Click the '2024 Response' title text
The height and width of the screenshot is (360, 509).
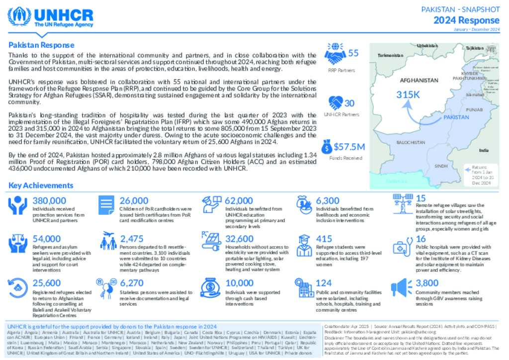466,20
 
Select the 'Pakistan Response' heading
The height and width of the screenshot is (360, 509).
41,45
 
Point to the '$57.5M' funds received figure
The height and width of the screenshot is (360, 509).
349,147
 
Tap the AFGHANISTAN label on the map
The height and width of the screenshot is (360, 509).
419,80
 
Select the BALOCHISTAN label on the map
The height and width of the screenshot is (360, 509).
411,143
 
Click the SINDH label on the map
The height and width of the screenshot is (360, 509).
441,166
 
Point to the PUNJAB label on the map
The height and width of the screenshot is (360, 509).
474,109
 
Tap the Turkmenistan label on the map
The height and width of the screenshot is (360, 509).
390,55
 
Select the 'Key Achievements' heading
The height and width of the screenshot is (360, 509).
41,185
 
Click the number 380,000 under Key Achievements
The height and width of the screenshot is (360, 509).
49,200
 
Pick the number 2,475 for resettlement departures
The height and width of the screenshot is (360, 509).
132,238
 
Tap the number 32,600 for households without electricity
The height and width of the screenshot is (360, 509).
239,238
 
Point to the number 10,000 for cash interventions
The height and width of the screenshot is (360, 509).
239,283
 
